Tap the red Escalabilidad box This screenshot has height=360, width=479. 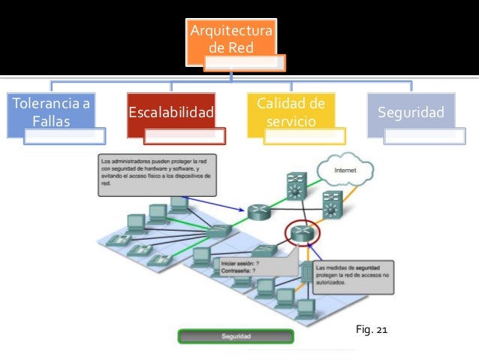click(171, 113)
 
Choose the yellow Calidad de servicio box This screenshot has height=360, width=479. click(291, 112)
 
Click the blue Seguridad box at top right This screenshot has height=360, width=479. click(410, 113)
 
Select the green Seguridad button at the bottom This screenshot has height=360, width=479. click(236, 337)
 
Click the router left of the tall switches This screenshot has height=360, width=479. click(258, 213)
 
